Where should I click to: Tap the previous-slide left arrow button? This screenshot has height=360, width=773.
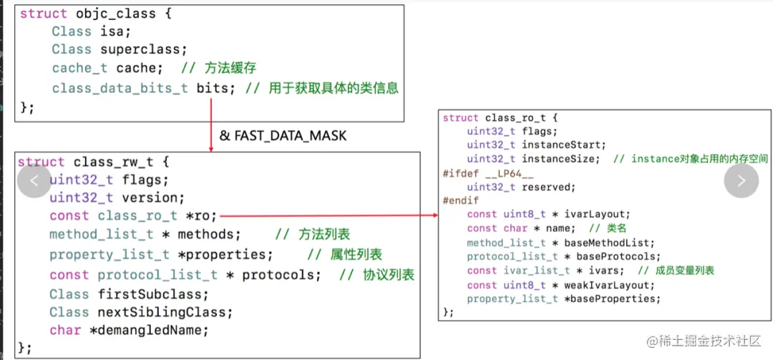pyautogui.click(x=34, y=181)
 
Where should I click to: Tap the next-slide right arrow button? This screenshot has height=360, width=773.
pyautogui.click(x=741, y=181)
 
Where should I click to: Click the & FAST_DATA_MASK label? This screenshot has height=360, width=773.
pyautogui.click(x=283, y=135)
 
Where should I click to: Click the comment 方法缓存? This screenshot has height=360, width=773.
pyautogui.click(x=230, y=68)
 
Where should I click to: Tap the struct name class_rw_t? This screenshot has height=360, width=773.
pyautogui.click(x=111, y=162)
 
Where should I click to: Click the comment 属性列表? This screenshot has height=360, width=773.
pyautogui.click(x=355, y=255)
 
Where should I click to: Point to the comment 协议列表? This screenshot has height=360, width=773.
pyautogui.click(x=387, y=275)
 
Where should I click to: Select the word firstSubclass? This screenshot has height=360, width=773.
pyautogui.click(x=153, y=294)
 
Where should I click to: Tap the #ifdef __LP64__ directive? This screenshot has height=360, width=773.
pyautogui.click(x=479, y=173)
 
